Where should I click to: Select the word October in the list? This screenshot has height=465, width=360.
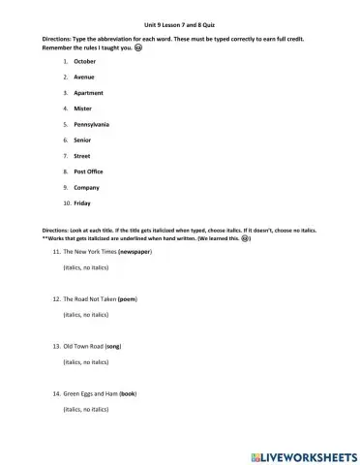pos(85,61)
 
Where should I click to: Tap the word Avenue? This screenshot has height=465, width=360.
pos(84,77)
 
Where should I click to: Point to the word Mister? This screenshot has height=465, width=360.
pos(83,108)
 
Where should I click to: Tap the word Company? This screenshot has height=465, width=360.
pos(87,187)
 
